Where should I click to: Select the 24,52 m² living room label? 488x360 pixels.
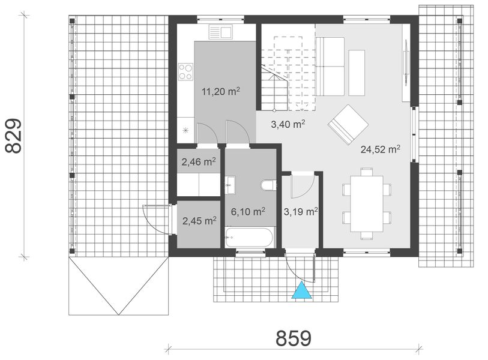pos(381,149)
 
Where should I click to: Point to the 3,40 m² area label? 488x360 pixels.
pos(288,125)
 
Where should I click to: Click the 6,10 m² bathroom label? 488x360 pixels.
pos(248,212)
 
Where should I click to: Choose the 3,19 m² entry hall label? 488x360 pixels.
pos(300,211)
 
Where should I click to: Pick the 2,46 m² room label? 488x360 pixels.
pos(199,161)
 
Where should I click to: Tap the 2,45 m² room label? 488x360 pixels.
pos(199,221)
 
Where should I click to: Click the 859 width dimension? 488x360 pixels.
pos(294,338)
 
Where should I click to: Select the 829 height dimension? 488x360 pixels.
pos(14,136)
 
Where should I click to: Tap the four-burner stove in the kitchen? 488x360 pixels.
pos(185,72)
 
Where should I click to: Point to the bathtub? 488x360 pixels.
pos(250,237)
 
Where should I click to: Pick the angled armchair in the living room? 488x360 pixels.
pos(348,125)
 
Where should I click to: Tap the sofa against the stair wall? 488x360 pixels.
pos(330,66)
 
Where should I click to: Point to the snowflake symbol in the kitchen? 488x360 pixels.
pos(186,130)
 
